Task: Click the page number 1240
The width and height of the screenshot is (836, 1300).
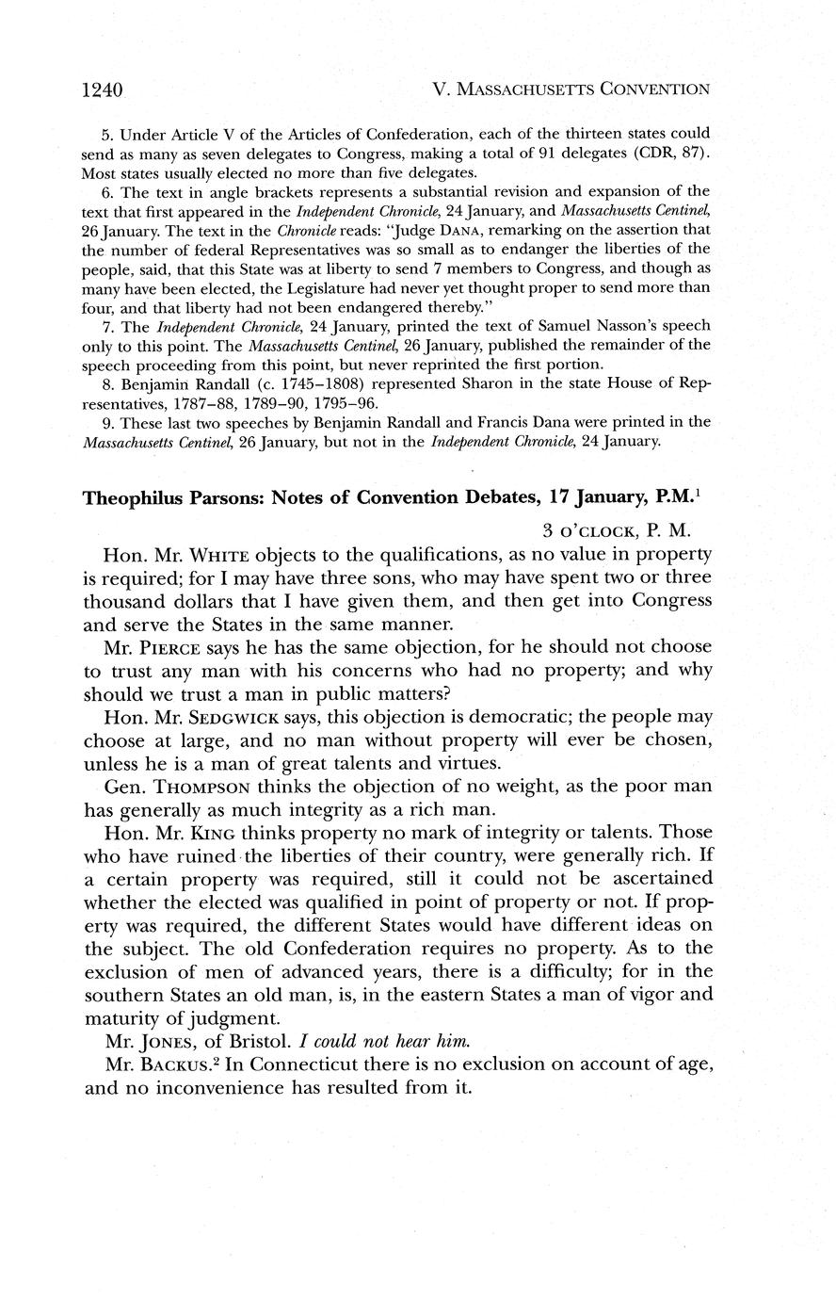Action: pos(104,90)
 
